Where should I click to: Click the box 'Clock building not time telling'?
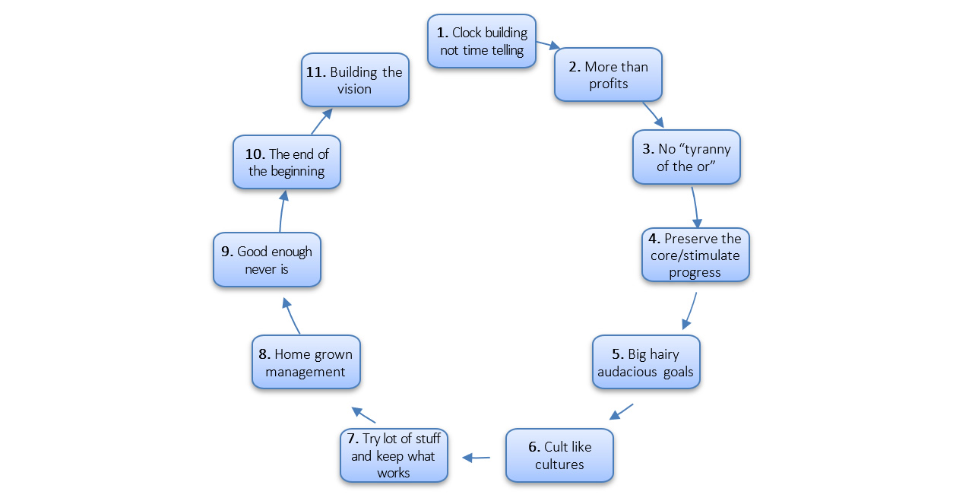point(482,41)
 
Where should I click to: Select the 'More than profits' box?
point(608,75)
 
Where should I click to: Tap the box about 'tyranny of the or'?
point(686,157)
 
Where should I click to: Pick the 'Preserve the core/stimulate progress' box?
point(695,255)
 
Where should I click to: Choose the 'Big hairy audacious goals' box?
point(646,363)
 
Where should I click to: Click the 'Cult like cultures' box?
point(559,455)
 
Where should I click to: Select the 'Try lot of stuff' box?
point(394,455)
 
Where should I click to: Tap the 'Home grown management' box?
point(306,363)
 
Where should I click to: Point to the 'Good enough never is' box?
point(267,260)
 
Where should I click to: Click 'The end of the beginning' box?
point(287,163)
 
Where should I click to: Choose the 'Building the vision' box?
point(355,80)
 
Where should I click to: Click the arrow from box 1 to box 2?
point(547,44)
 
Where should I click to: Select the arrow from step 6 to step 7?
point(477,458)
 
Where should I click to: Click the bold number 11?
point(315,72)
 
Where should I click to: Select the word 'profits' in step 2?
point(608,84)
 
